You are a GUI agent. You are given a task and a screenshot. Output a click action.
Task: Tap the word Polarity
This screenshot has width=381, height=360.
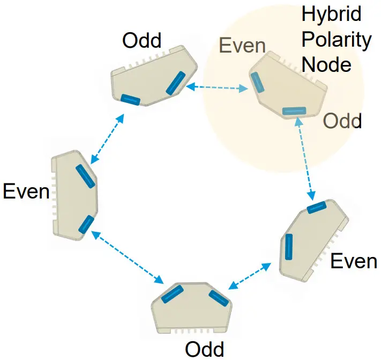[x=337, y=40]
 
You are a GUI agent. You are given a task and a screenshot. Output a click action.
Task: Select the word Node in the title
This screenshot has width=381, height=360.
[x=326, y=64]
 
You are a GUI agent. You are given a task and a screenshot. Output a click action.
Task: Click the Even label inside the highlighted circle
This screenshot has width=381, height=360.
[x=243, y=47]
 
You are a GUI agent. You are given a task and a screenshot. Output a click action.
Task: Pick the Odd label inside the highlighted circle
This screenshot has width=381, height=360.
[x=342, y=121]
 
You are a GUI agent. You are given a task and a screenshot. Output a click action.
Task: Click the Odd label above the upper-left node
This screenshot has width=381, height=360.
[x=142, y=41]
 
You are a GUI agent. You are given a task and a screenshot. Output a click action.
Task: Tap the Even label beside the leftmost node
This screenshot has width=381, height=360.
[x=26, y=191]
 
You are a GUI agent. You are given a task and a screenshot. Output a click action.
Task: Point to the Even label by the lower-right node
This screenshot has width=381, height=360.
[x=354, y=261]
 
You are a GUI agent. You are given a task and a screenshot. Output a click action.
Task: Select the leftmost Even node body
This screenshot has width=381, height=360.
[x=73, y=196]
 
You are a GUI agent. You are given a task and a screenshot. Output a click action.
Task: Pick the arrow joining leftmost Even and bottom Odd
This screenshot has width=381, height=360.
[x=128, y=257]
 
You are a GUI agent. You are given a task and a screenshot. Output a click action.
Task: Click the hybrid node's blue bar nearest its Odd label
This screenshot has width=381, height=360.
[x=294, y=111]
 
